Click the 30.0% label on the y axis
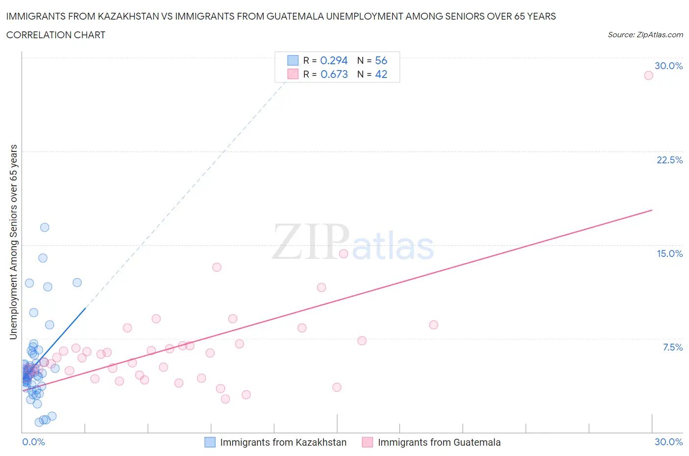tap(668, 66)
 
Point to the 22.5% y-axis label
tap(669, 160)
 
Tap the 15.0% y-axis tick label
tap(669, 253)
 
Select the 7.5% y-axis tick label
tap(672, 347)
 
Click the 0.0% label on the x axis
tap(33, 442)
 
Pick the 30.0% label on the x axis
tap(668, 442)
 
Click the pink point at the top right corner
tap(648, 76)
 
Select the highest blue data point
tap(45, 227)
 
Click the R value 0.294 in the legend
tap(334, 60)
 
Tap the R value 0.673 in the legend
tap(334, 74)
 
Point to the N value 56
tap(381, 60)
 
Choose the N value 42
tap(381, 74)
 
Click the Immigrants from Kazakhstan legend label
tap(283, 442)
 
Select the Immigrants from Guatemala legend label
tap(439, 442)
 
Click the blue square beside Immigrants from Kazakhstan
tap(210, 442)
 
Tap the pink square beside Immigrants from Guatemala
tap(368, 442)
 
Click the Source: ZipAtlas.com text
tap(645, 34)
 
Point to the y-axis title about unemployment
tap(13, 242)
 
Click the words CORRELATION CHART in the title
tap(56, 35)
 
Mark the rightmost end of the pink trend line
tap(652, 210)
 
